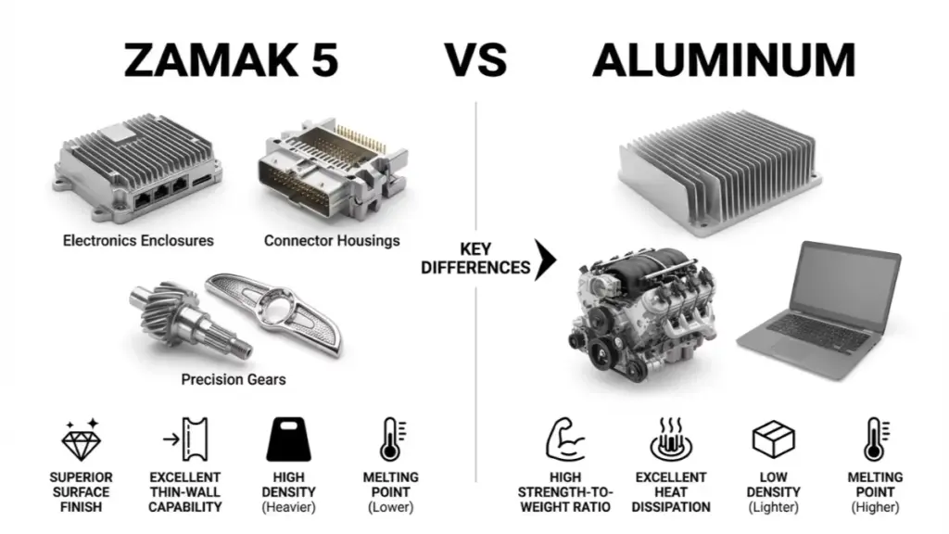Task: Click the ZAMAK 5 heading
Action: point(231,60)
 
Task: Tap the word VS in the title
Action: point(475,60)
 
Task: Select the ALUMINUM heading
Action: point(724,60)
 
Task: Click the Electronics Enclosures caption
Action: point(138,240)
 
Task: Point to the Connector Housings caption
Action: point(332,240)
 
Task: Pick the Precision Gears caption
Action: point(233,379)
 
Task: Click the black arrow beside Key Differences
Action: point(545,260)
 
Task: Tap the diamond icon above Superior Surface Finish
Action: point(82,439)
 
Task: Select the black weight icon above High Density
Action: point(289,439)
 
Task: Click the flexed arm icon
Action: point(564,439)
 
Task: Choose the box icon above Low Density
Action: point(773,439)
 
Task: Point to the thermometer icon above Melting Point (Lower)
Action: point(392,439)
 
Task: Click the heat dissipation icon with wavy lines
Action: point(671,439)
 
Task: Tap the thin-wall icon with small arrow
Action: point(186,439)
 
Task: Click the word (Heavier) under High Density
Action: point(289,507)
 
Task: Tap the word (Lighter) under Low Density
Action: point(773,507)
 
